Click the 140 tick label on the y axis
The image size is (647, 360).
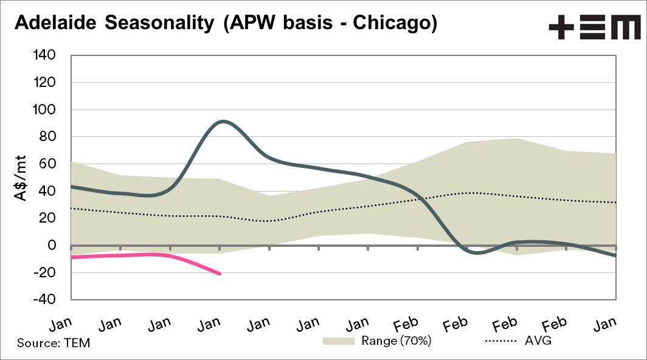point(44,55)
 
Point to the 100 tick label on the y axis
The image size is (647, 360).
point(44,109)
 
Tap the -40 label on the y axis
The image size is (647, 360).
point(44,300)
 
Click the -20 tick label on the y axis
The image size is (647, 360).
point(44,272)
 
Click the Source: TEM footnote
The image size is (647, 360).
point(54,343)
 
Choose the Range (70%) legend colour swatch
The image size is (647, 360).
point(338,341)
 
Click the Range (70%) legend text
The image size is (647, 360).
point(396,341)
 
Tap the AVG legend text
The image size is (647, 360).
point(538,341)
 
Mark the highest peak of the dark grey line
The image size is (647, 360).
point(223,121)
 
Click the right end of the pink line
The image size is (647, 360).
point(220,274)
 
